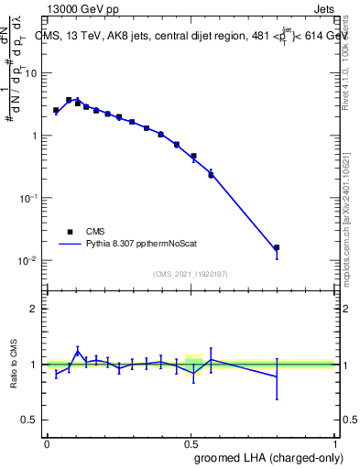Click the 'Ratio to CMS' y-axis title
coord(13,365)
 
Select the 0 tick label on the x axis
coord(47,442)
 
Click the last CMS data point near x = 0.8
coord(277,247)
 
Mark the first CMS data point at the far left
coord(56,110)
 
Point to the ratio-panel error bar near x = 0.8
coord(277,376)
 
